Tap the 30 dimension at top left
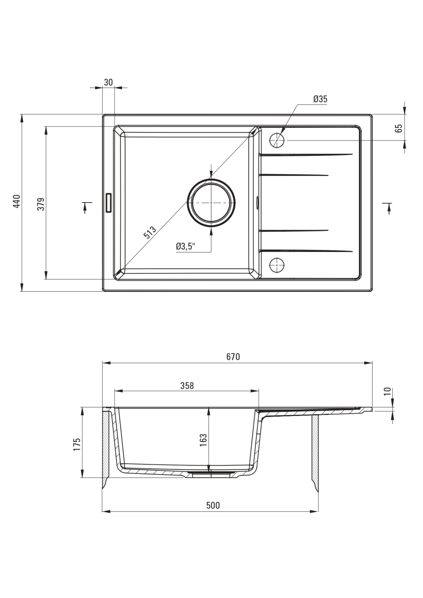click(108, 82)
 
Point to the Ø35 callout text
click(320, 99)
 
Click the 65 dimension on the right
click(399, 128)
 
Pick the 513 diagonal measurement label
click(150, 232)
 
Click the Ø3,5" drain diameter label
click(186, 247)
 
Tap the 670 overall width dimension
click(232, 357)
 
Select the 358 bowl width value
click(187, 386)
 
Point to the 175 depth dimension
click(77, 445)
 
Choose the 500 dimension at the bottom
click(213, 505)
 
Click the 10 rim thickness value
click(388, 391)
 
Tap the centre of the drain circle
click(211, 203)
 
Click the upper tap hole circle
click(277, 140)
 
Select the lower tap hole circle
click(277, 264)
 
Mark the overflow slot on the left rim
click(109, 203)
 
